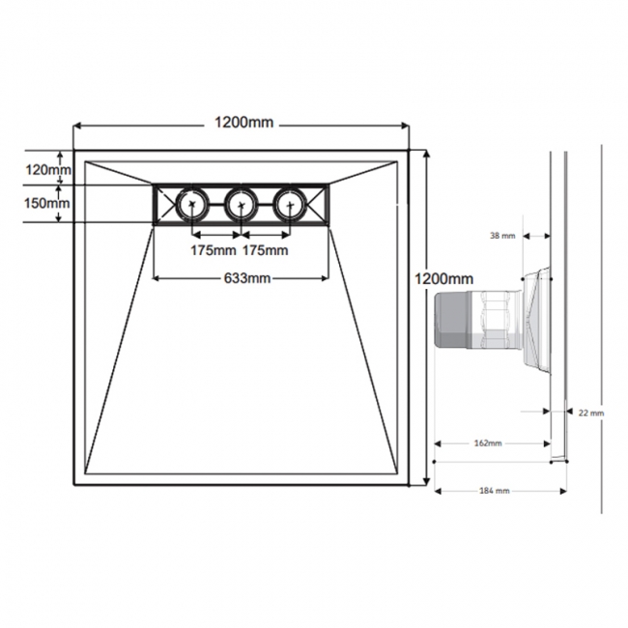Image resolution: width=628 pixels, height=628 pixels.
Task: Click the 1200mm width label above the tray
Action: tap(242, 123)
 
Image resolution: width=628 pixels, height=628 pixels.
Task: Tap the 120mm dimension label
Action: tap(47, 170)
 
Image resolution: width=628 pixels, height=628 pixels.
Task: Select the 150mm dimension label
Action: tap(47, 203)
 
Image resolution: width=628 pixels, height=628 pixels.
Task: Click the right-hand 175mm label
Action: tap(265, 251)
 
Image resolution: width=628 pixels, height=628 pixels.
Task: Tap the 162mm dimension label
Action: tap(488, 444)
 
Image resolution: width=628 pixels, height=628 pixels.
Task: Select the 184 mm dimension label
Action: tap(494, 491)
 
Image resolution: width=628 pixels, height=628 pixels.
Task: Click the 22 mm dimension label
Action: tap(590, 413)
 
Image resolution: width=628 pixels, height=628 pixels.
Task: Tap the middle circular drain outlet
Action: tap(241, 204)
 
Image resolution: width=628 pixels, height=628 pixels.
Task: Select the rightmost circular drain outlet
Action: tap(289, 204)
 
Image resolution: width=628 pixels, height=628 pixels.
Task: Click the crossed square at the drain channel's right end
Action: tap(318, 204)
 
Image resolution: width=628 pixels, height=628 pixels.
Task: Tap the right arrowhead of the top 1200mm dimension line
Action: tap(406, 125)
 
